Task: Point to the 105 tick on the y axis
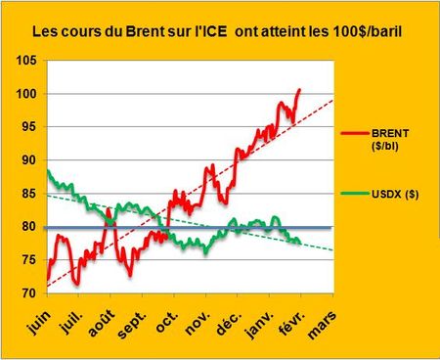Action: (x=27, y=61)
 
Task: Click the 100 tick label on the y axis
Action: (x=27, y=94)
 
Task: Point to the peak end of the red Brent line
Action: (x=299, y=89)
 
